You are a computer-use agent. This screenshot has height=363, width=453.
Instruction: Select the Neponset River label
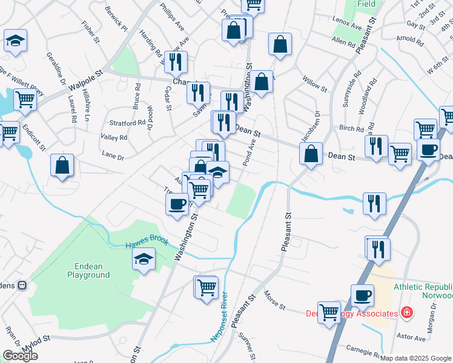click(219, 317)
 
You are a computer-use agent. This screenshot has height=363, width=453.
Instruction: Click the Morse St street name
click(275, 299)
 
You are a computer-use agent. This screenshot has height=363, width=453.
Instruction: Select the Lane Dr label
click(113, 157)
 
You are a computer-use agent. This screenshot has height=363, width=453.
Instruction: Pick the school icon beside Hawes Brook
click(143, 260)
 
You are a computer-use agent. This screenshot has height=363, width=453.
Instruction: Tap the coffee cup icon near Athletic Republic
click(363, 295)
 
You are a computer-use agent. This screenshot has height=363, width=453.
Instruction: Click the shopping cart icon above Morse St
click(207, 286)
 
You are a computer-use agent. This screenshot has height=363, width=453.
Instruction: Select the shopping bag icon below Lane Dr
click(62, 165)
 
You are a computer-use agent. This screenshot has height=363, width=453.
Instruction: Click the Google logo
click(20, 356)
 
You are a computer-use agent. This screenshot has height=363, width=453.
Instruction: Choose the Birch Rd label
click(351, 128)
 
